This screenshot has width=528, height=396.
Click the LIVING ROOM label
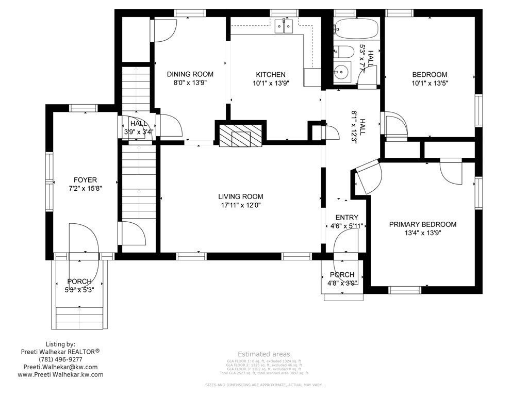click(x=240, y=196)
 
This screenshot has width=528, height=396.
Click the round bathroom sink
click(x=341, y=73)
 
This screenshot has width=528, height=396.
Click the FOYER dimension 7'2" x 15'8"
click(x=85, y=189)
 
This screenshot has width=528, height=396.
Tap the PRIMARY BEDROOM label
click(x=422, y=224)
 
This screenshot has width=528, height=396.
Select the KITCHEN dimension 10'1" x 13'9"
click(x=271, y=83)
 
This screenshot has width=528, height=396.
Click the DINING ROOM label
click(x=190, y=74)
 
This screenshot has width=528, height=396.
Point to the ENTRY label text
click(x=346, y=218)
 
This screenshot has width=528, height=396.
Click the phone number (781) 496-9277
click(x=60, y=359)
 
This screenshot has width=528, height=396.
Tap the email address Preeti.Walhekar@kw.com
click(x=60, y=367)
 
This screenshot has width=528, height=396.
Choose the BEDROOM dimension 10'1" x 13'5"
click(x=429, y=83)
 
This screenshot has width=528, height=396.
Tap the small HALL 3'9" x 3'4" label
click(x=138, y=128)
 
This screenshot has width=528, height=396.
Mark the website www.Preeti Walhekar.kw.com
click(x=60, y=374)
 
